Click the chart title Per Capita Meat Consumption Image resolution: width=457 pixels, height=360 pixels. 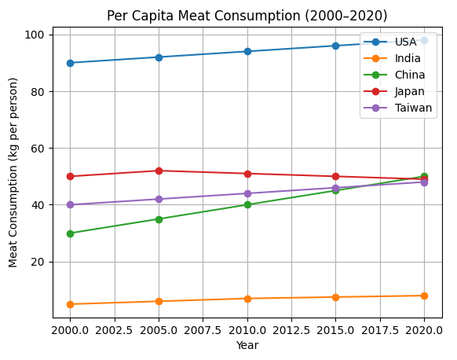coord(247,16)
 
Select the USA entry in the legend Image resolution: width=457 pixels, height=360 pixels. coord(405,42)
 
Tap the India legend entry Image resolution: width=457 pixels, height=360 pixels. coord(407,58)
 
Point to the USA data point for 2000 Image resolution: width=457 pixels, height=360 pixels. coord(70,63)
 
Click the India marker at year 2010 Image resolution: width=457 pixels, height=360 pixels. coord(247,299)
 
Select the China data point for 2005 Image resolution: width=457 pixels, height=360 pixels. coord(159,219)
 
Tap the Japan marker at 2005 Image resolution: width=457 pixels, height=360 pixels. coord(159,171)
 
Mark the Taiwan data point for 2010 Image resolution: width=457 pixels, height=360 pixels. coord(247,193)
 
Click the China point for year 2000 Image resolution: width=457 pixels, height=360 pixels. coord(70,233)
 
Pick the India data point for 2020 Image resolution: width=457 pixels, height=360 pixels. coord(424,296)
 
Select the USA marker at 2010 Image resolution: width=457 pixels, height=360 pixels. coord(247,51)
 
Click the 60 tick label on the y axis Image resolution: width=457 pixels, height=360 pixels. coord(38,149)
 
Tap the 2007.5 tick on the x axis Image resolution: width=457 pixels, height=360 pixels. coord(203,330)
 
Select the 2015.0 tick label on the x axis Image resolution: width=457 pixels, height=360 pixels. coord(335,330)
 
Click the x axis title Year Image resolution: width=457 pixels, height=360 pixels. coord(247,345)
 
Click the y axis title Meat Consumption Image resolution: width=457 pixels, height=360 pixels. coord(13,177)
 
